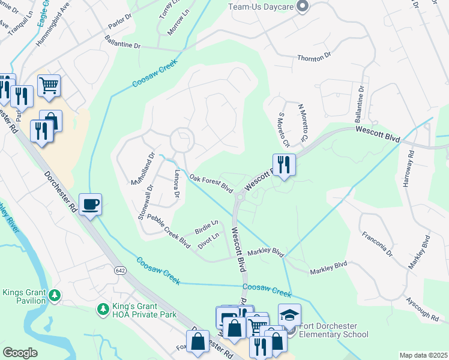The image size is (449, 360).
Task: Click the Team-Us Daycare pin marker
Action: [303, 7]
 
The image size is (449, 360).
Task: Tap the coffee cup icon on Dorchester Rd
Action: [90, 205]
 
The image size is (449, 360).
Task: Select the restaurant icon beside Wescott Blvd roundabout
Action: [284, 164]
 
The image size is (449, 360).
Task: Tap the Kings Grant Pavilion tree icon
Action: [55, 295]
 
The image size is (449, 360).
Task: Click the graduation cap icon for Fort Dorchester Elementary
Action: [289, 316]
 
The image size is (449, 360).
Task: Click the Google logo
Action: [20, 353]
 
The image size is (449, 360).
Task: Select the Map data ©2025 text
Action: [423, 355]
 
